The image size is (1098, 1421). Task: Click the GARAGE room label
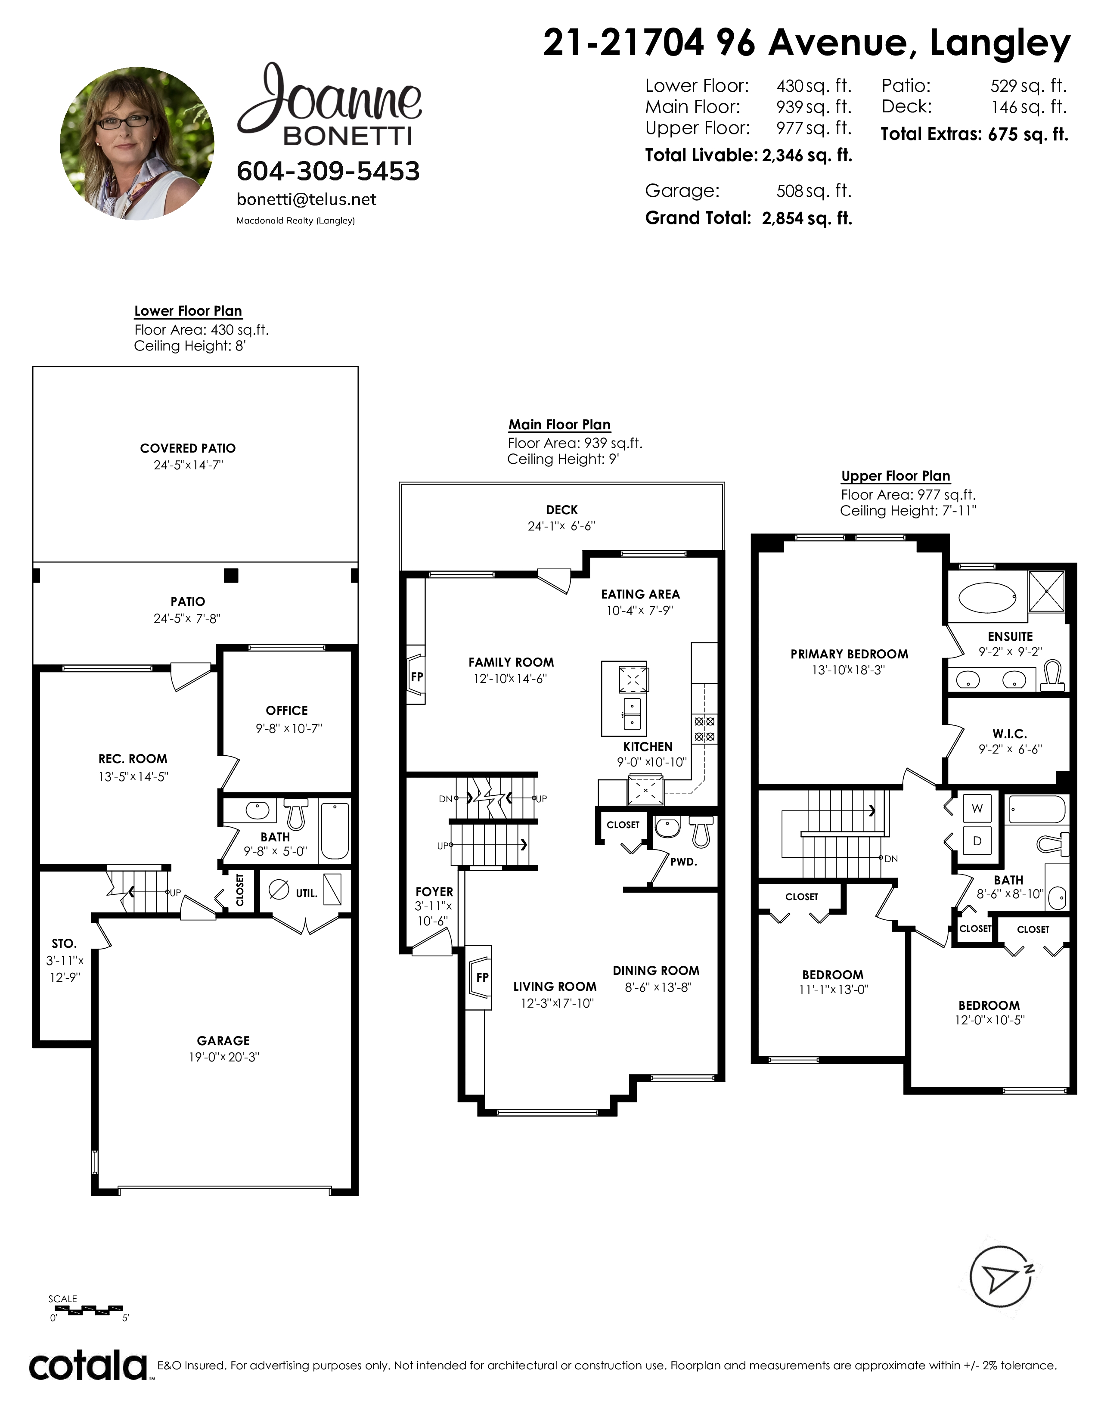click(223, 1040)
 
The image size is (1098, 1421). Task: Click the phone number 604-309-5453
click(328, 171)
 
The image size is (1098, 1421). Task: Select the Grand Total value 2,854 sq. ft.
click(806, 218)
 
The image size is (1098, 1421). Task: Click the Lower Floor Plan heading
click(188, 311)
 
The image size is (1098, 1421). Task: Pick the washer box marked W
click(977, 809)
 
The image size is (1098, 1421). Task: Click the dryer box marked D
click(977, 841)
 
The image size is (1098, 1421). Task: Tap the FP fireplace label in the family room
click(417, 676)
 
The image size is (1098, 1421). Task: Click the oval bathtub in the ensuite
click(987, 597)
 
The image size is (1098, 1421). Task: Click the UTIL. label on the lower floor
click(307, 894)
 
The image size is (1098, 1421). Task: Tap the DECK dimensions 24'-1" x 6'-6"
click(561, 526)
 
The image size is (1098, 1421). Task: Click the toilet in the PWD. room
click(701, 832)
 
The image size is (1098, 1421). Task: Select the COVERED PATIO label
click(188, 448)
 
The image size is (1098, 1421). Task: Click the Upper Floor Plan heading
click(896, 476)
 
